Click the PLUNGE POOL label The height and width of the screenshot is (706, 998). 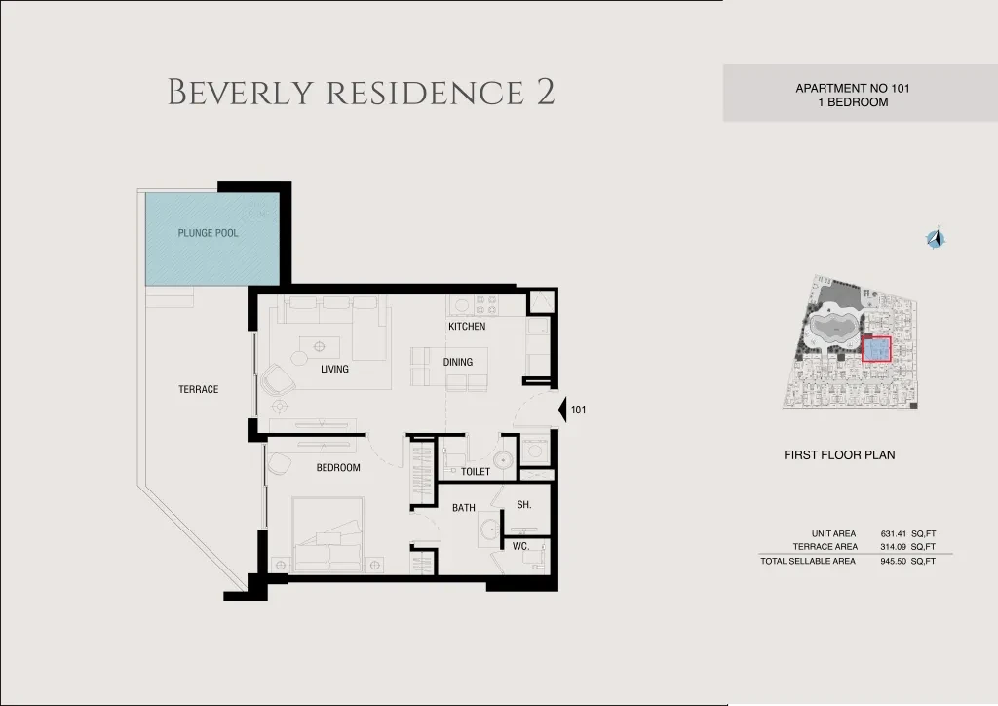(x=209, y=233)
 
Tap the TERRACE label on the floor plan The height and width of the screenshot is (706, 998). (x=199, y=389)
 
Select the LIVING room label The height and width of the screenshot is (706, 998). (x=335, y=369)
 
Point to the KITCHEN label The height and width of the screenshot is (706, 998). (x=467, y=326)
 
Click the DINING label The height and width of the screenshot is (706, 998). (x=458, y=362)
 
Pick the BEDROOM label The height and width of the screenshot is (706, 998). (x=338, y=467)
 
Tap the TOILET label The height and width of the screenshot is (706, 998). (x=476, y=472)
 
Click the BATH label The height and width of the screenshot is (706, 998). (x=464, y=507)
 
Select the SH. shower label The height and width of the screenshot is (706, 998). (x=524, y=505)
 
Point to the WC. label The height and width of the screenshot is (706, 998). (x=520, y=546)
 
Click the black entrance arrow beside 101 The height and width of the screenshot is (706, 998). (x=562, y=410)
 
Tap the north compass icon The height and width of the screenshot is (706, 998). (x=935, y=239)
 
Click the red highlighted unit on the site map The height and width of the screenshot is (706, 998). (x=876, y=349)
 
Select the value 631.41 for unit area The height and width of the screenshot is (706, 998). (x=893, y=534)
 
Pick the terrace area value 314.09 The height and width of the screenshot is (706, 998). (x=893, y=547)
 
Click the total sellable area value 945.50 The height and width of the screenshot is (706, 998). (x=893, y=561)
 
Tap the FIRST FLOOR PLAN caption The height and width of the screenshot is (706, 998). (x=839, y=455)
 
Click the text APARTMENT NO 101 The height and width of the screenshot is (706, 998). (x=853, y=89)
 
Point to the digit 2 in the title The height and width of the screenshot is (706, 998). (x=546, y=92)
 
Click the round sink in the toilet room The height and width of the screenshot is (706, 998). (x=505, y=458)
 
